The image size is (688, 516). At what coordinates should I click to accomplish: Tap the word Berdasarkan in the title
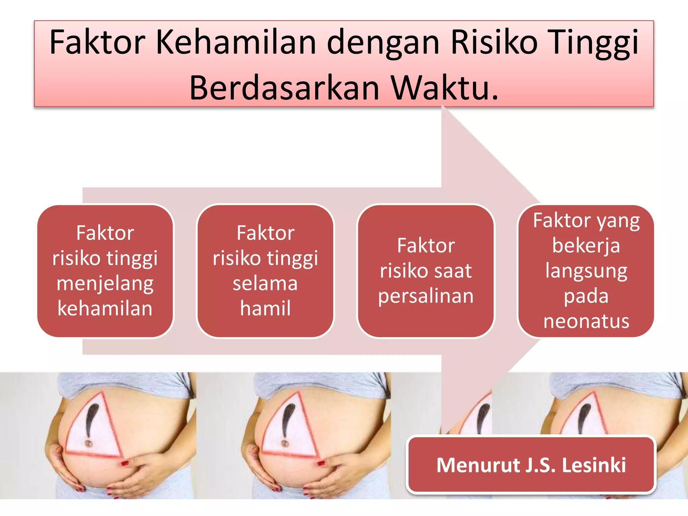coord(284,88)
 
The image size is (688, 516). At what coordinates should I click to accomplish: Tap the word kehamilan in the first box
coord(105,308)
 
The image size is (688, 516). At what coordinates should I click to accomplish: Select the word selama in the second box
coord(265,284)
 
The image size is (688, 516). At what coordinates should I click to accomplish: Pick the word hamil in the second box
coord(265,308)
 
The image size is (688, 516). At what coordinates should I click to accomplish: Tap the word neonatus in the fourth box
coord(586,321)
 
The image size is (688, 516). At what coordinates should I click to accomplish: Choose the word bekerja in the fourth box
coord(586,246)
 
